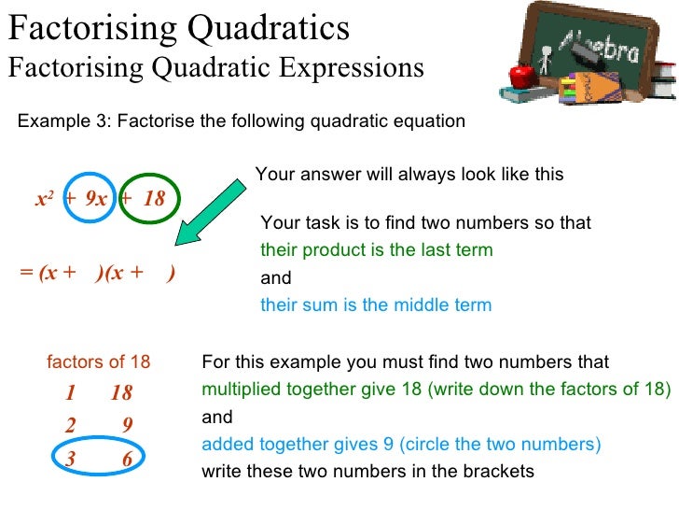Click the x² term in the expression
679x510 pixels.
43,199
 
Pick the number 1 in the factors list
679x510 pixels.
71,392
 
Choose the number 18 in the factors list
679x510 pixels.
121,392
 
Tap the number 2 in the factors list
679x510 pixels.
71,426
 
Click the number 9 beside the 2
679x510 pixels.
128,426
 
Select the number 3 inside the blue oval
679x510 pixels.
71,459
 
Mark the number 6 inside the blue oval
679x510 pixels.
127,459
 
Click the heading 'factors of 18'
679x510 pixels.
98,362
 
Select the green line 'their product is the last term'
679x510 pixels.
376,250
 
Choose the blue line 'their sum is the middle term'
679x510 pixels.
375,305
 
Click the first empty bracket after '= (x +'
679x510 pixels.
88,274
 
